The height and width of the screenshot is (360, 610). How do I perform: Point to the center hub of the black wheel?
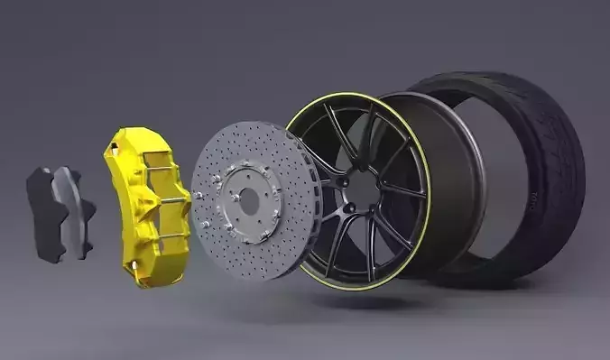click(x=361, y=189)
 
